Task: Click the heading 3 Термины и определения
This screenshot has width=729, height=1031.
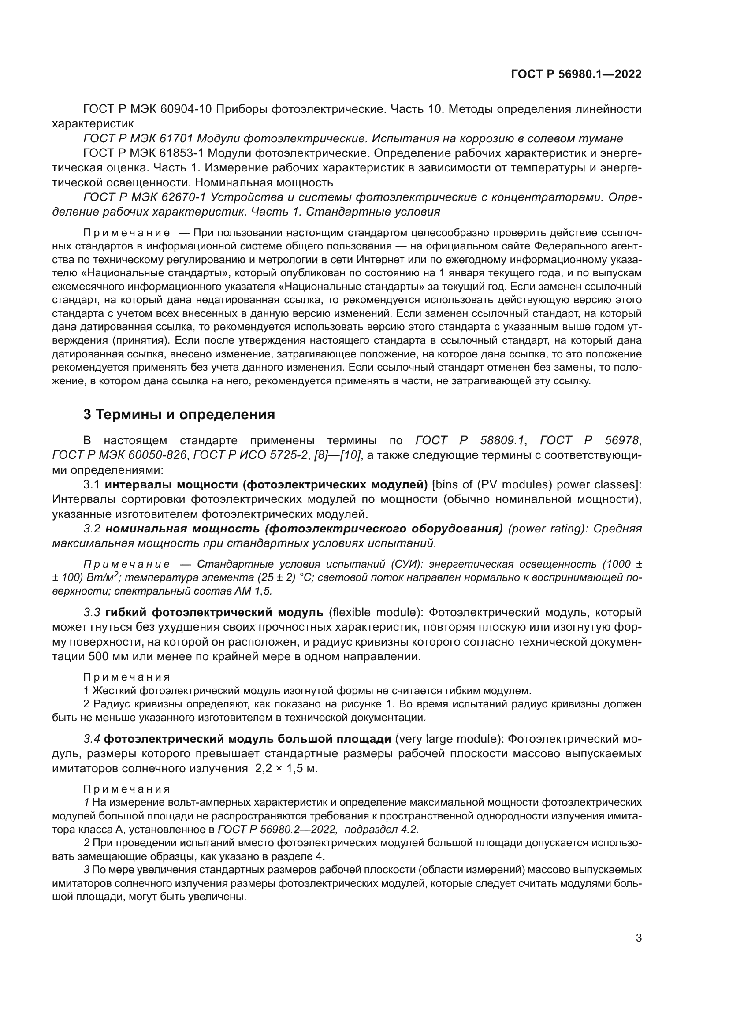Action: point(179,414)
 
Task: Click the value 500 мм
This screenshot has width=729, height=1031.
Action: point(108,656)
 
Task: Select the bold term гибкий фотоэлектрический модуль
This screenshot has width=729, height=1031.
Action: point(214,613)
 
